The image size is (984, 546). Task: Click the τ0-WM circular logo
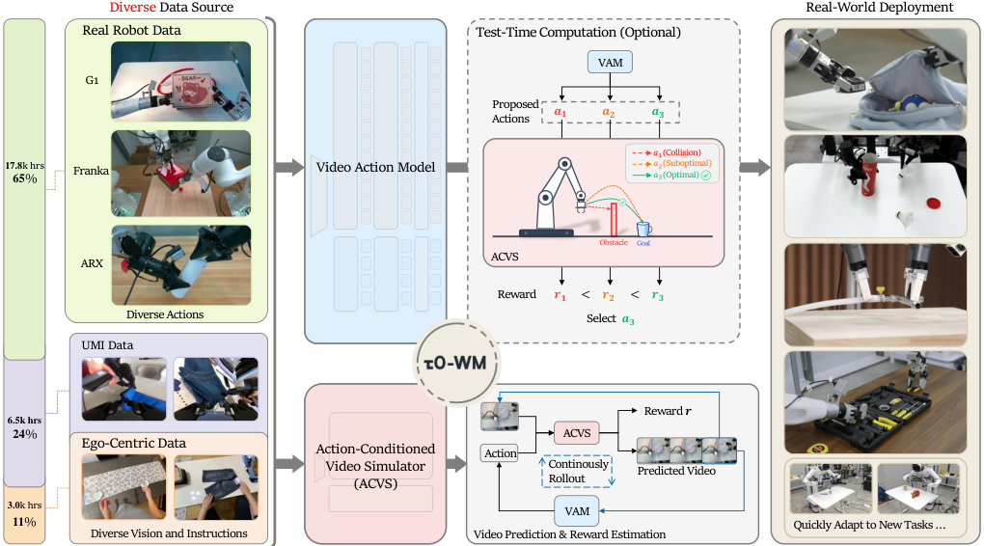(455, 362)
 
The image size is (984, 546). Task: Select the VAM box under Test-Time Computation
(610, 63)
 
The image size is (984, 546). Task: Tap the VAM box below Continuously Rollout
(577, 511)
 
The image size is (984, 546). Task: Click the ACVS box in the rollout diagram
(577, 433)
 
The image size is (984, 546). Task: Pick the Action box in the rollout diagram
(500, 453)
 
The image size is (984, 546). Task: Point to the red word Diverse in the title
(132, 8)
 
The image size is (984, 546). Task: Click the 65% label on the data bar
(25, 178)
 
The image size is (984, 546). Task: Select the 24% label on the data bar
(25, 434)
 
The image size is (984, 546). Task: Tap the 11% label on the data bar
(24, 522)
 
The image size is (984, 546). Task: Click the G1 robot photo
(180, 82)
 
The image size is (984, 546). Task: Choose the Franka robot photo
(180, 174)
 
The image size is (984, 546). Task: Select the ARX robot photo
(180, 265)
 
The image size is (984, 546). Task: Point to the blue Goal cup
(643, 229)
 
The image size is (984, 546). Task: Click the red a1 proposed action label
(560, 112)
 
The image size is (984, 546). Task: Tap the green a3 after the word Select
(628, 319)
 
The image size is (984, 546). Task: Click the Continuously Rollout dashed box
(577, 472)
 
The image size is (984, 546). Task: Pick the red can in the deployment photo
(869, 175)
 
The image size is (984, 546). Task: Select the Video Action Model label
(375, 168)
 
